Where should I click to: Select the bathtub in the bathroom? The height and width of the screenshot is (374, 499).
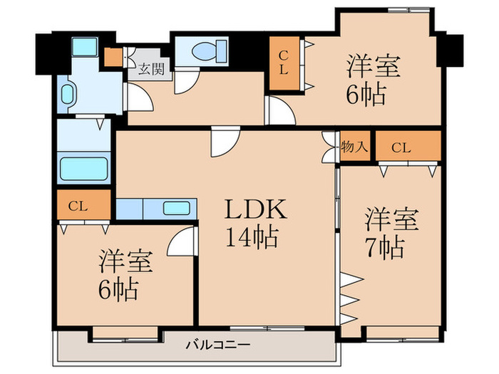click(83, 169)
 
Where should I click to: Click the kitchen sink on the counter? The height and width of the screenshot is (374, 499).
click(175, 209)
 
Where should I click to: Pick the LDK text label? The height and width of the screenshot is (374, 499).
click(256, 210)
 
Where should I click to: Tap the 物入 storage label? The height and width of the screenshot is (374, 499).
click(354, 147)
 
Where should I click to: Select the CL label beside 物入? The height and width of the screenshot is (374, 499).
click(401, 148)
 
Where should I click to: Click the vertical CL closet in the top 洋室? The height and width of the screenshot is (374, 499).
click(283, 63)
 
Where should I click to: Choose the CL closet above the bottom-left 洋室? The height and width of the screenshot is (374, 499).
click(84, 206)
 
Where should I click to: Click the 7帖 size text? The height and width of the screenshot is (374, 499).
click(386, 247)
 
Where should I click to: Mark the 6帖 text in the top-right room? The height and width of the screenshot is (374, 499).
click(366, 94)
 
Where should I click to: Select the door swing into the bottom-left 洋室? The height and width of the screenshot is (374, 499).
click(182, 242)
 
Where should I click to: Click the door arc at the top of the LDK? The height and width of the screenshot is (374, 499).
click(222, 142)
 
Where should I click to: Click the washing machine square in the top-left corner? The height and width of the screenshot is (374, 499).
click(85, 47)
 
